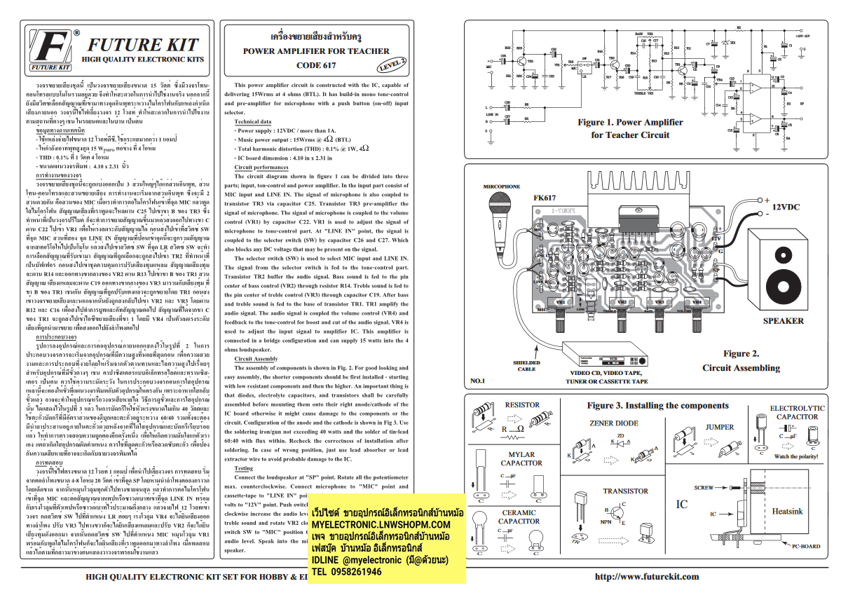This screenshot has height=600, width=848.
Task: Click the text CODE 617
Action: point(315,65)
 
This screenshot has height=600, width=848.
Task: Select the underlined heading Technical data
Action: point(254,121)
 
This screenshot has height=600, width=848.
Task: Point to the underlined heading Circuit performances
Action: point(261,168)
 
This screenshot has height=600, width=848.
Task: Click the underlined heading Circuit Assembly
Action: point(256,358)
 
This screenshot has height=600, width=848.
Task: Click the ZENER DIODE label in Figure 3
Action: point(614,423)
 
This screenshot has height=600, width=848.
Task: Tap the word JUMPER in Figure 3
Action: point(720,427)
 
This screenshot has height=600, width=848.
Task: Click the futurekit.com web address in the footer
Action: point(646,577)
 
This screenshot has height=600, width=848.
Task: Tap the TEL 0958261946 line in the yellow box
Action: point(348,572)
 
